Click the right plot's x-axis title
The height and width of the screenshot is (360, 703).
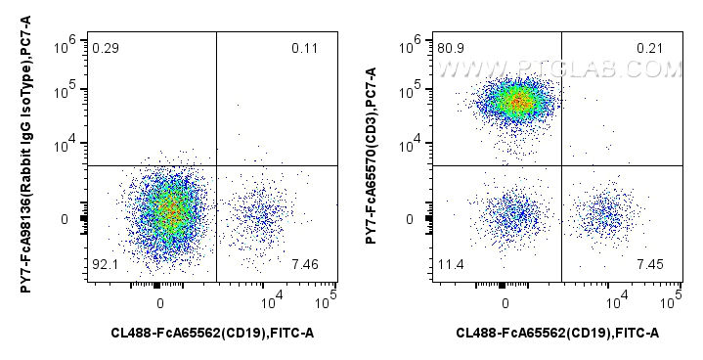coord(558,335)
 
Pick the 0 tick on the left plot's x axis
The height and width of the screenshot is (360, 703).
coord(159,295)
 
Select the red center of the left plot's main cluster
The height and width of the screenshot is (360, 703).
coord(170,209)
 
